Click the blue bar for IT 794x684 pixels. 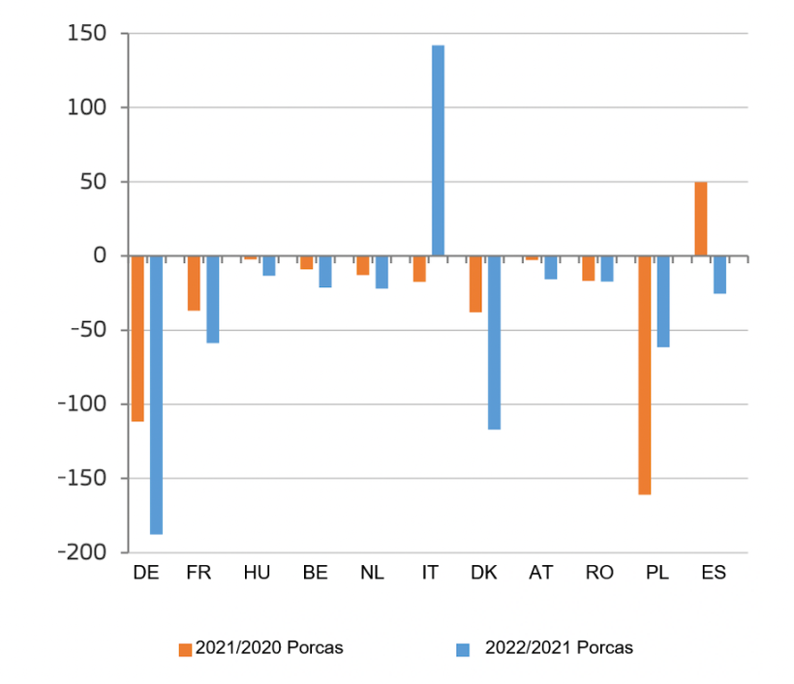(x=438, y=150)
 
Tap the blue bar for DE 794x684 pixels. (x=156, y=395)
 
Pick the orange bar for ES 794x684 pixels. (x=700, y=219)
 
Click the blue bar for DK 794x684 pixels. (x=494, y=342)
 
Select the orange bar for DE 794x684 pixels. (x=137, y=339)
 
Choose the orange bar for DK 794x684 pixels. (x=475, y=283)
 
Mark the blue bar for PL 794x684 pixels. (x=663, y=301)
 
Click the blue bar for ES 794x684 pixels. (x=719, y=275)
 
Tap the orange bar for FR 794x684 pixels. (x=194, y=283)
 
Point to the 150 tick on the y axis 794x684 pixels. (x=85, y=34)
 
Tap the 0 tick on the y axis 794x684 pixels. (x=98, y=256)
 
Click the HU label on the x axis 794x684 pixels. (x=257, y=572)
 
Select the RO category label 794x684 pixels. (x=599, y=572)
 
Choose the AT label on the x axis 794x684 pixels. (x=541, y=572)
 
